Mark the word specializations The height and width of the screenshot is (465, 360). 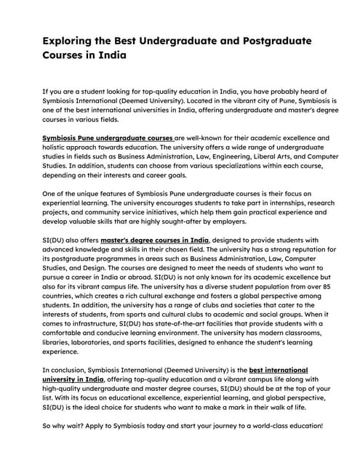coord(198,165)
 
